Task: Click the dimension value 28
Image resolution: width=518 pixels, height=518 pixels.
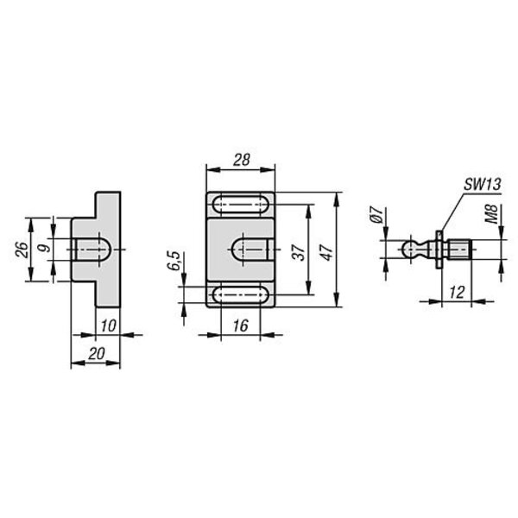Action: (x=242, y=161)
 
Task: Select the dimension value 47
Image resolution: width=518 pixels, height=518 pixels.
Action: (x=327, y=252)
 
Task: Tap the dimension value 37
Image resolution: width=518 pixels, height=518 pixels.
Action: (x=300, y=253)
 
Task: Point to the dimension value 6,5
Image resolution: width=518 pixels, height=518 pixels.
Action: (x=174, y=261)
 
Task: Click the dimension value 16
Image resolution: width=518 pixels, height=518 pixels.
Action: (x=241, y=326)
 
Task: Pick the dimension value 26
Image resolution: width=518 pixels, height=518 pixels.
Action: (x=22, y=250)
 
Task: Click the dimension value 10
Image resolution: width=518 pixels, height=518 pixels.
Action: (x=109, y=326)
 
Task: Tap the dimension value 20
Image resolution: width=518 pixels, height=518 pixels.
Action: (x=97, y=354)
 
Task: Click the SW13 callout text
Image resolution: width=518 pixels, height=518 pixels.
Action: (x=483, y=185)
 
